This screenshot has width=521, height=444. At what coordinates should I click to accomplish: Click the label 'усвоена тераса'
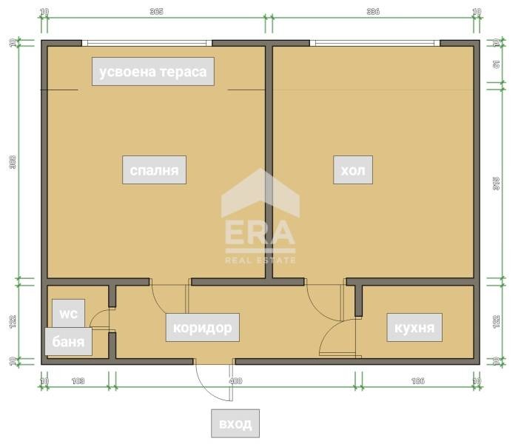click(x=152, y=72)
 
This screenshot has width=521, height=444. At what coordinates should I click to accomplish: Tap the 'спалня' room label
click(x=154, y=171)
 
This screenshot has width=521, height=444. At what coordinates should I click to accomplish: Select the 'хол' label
click(x=352, y=171)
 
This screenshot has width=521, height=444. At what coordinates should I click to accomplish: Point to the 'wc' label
click(x=68, y=313)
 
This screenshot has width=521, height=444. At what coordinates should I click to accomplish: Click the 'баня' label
click(x=68, y=343)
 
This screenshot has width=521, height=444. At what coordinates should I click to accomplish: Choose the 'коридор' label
click(x=202, y=326)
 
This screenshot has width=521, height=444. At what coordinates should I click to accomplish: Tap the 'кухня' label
click(x=414, y=326)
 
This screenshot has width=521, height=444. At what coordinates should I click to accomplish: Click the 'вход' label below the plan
click(x=235, y=424)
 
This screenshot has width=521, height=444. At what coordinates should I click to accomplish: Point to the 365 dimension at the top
click(x=156, y=12)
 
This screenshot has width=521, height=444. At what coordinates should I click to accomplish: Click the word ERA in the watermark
click(x=260, y=233)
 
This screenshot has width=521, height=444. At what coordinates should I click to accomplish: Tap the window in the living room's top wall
click(x=377, y=43)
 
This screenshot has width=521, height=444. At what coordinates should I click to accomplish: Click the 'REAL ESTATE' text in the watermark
click(x=260, y=260)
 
